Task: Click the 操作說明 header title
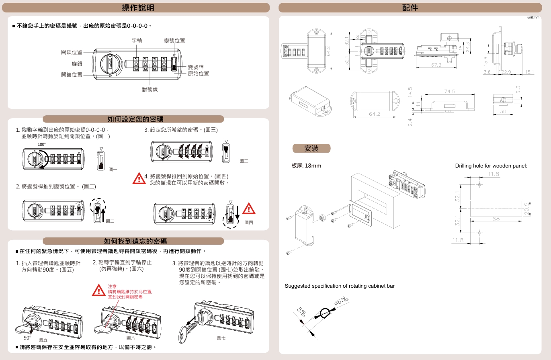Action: pos(138,8)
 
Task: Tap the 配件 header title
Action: pos(410,8)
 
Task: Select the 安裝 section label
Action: pos(311,148)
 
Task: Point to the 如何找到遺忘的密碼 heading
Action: pos(135,241)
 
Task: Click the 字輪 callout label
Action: pos(137,41)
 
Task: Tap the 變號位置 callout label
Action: pos(174,41)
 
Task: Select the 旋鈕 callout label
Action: pos(77,64)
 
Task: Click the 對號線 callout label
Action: pos(150,89)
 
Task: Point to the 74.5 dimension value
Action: pos(449,92)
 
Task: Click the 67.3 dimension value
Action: pos(436,65)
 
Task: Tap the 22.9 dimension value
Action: pos(506,72)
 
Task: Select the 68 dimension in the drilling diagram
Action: pos(496,219)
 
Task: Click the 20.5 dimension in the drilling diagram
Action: pos(527,209)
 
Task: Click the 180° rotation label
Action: pos(41,144)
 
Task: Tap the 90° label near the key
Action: pos(27,338)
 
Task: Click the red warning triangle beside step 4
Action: pos(139,178)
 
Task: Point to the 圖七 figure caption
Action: pos(221,338)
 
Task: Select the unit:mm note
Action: pos(533,18)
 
